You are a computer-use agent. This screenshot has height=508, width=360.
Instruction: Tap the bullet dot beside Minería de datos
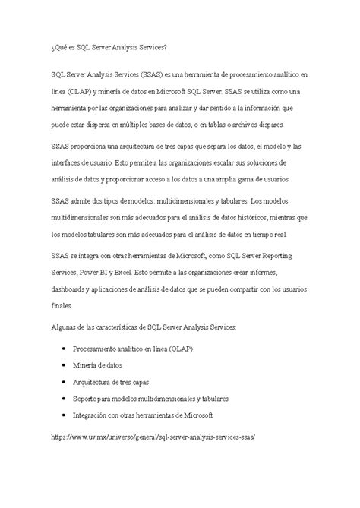[x=60, y=364]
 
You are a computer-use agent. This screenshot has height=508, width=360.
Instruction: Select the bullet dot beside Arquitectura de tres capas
[x=60, y=382]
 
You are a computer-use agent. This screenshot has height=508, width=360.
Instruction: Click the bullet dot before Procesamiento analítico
[x=60, y=348]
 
